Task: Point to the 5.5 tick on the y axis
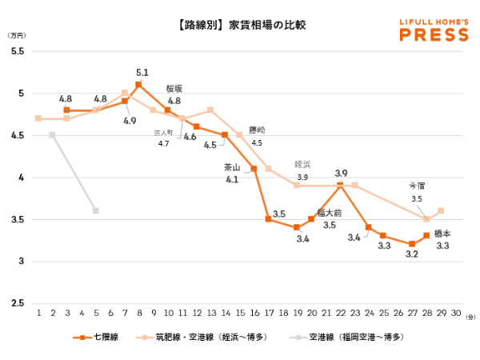click(17, 51)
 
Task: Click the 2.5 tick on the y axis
click(17, 302)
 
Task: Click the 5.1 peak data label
click(143, 72)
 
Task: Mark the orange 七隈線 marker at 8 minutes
click(138, 85)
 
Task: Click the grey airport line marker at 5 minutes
click(95, 210)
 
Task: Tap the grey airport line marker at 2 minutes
click(52, 135)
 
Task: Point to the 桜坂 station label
click(174, 89)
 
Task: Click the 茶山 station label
click(232, 168)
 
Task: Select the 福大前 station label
click(330, 213)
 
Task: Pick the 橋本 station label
click(442, 234)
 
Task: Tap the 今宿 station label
click(417, 186)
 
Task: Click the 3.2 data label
click(412, 254)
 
